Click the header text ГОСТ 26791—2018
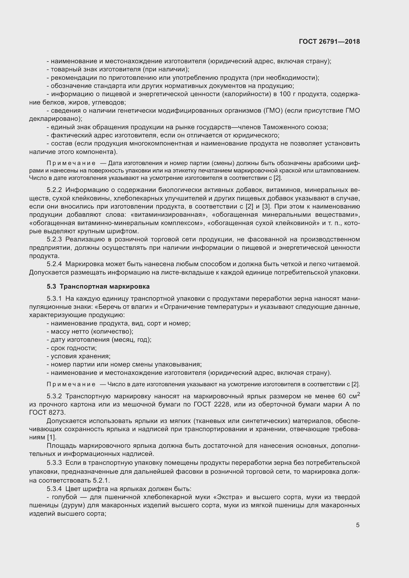(329, 42)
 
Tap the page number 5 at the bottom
(358, 525)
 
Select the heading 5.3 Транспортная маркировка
(98, 286)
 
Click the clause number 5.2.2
(54, 190)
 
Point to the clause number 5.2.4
(54, 264)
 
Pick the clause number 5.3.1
(54, 299)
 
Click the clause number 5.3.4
(54, 489)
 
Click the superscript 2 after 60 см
(358, 394)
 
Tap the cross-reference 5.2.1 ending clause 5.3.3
(101, 481)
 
